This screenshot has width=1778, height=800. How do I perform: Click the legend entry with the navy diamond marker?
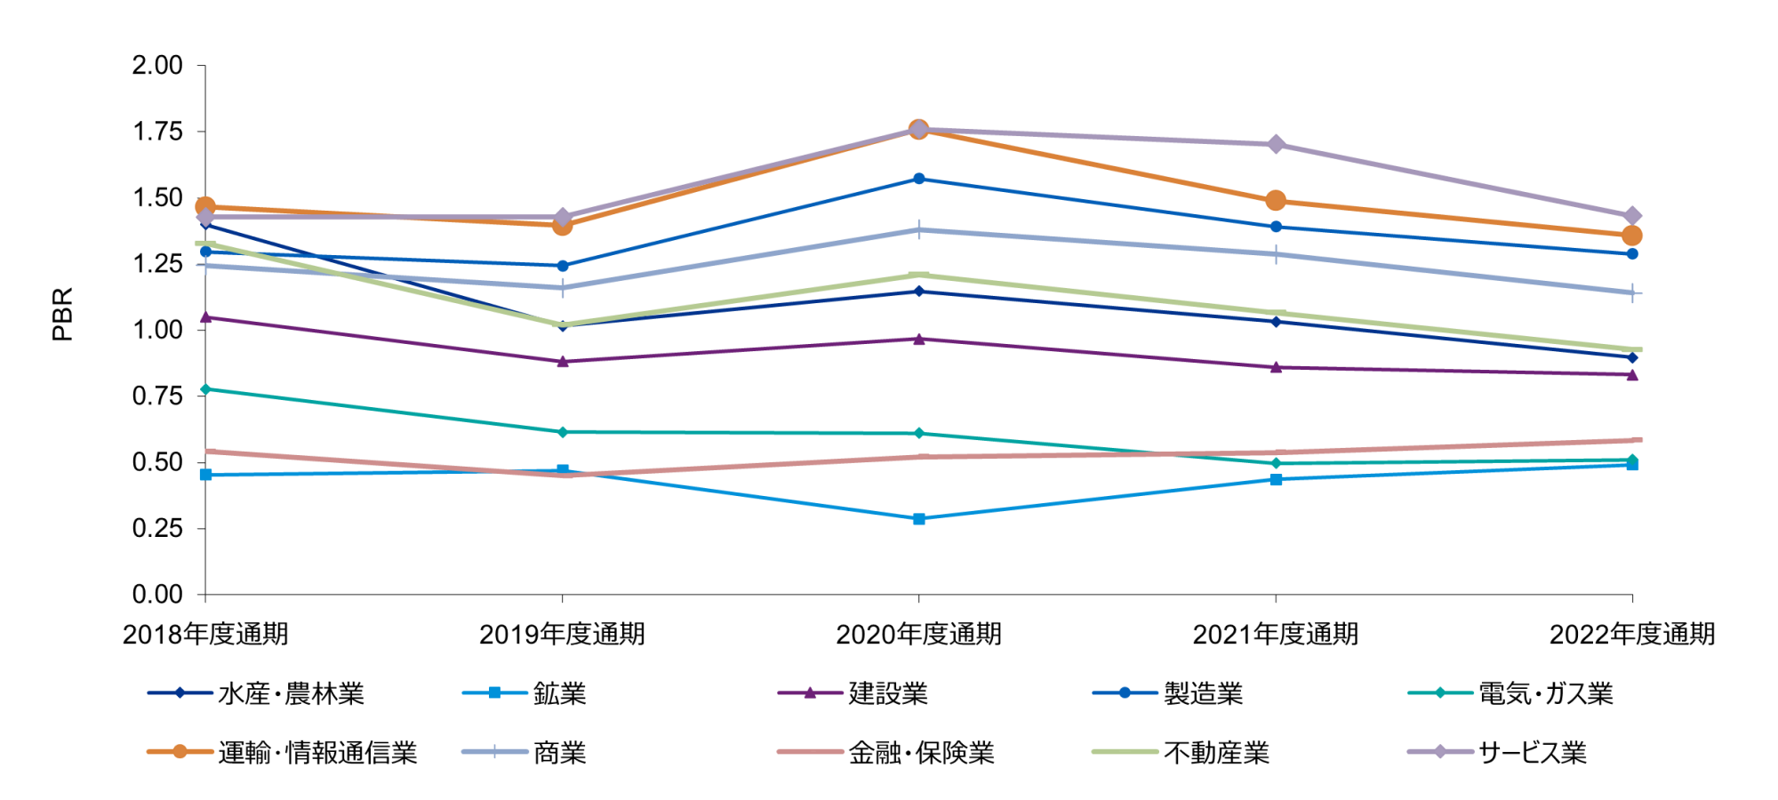tap(180, 692)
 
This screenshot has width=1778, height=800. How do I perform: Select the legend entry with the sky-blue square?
tap(495, 692)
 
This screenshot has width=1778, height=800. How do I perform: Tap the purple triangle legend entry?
tap(810, 692)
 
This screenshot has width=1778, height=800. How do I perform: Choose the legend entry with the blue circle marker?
tap(1125, 692)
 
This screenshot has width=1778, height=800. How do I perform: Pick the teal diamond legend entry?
tap(1440, 692)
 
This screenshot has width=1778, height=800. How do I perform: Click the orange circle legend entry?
tap(180, 751)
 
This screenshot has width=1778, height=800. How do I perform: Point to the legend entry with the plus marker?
tap(495, 751)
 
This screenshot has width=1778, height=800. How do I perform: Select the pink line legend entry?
tap(810, 751)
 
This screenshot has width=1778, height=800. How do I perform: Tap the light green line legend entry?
tap(1125, 751)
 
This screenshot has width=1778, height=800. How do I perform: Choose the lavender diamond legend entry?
tap(1440, 751)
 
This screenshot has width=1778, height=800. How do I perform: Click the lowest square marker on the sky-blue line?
tap(919, 519)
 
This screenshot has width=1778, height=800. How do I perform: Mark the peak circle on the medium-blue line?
tap(919, 179)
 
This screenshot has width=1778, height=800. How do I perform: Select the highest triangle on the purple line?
tap(206, 317)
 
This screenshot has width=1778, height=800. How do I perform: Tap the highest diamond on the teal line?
tap(206, 389)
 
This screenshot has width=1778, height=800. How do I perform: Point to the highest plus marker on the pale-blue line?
tap(919, 230)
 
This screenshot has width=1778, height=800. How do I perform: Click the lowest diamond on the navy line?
tap(1632, 357)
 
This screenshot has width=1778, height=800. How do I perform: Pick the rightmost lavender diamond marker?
tap(1632, 216)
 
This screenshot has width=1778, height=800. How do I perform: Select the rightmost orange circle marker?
tap(1632, 236)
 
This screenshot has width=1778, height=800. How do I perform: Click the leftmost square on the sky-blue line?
tap(206, 476)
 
